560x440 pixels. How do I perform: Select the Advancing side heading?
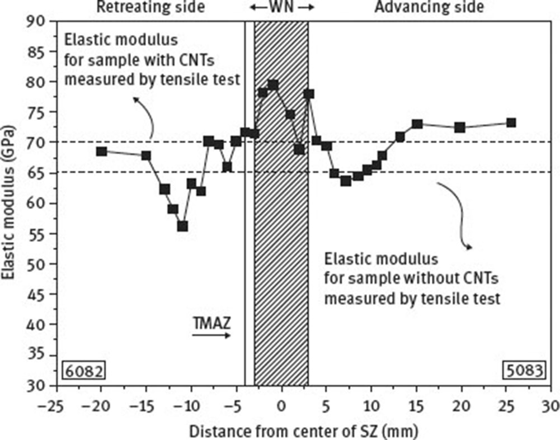429,7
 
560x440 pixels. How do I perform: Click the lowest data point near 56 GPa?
182,226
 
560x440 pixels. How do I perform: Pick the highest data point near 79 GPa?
273,85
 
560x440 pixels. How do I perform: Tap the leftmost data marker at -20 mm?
101,151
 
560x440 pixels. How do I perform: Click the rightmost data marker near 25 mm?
511,122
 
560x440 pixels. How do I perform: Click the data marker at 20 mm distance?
460,127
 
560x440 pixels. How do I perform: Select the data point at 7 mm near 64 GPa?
346,181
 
